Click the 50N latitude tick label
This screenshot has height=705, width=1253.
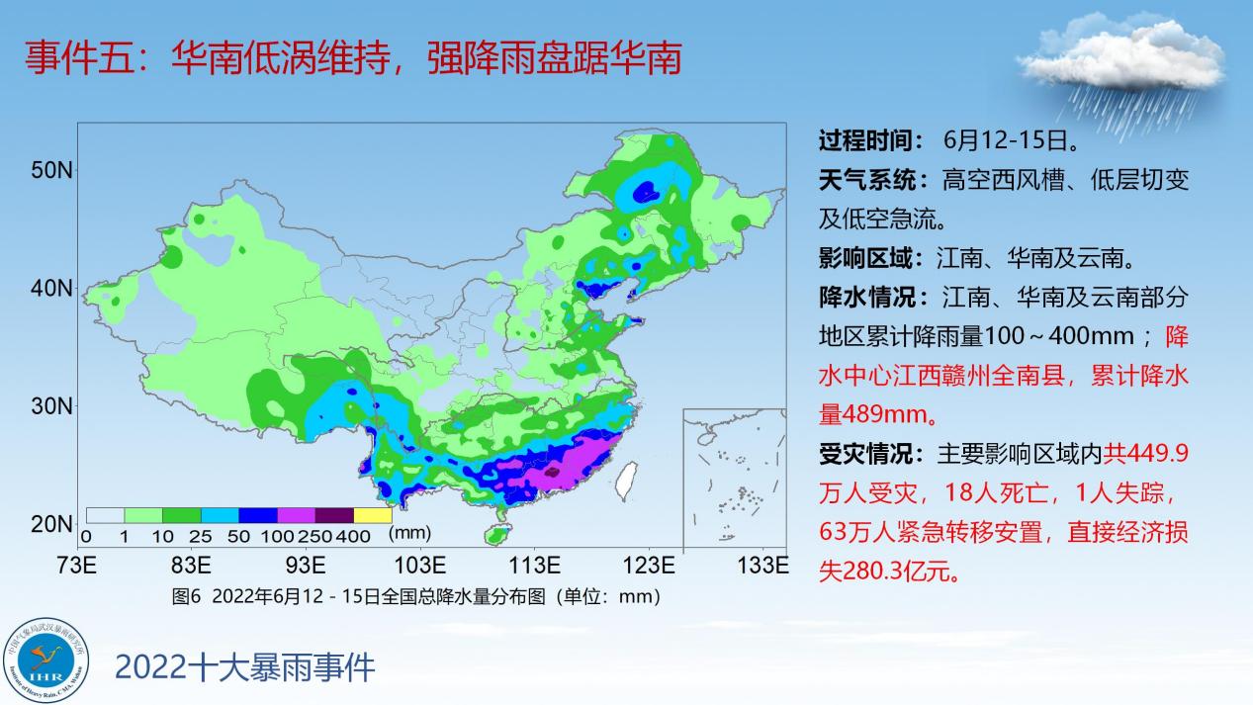[52, 170]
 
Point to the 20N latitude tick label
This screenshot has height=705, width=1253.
[52, 524]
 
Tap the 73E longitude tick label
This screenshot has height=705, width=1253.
[76, 566]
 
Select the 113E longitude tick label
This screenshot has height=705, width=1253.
[534, 566]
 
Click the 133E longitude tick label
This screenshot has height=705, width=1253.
[763, 566]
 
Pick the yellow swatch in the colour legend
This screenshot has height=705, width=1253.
[373, 515]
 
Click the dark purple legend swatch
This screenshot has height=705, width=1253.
[334, 515]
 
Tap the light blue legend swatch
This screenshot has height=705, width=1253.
[220, 515]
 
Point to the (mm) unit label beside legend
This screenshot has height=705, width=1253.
[410, 533]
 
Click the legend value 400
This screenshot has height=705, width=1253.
[353, 537]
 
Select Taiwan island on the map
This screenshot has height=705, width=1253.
[626, 481]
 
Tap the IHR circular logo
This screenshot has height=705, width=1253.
[45, 661]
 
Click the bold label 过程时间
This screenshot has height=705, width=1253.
[865, 140]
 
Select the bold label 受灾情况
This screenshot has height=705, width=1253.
[865, 454]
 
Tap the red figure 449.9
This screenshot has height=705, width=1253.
[1157, 454]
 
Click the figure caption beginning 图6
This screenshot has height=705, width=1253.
[416, 596]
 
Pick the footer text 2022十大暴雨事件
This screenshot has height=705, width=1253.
[244, 667]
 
